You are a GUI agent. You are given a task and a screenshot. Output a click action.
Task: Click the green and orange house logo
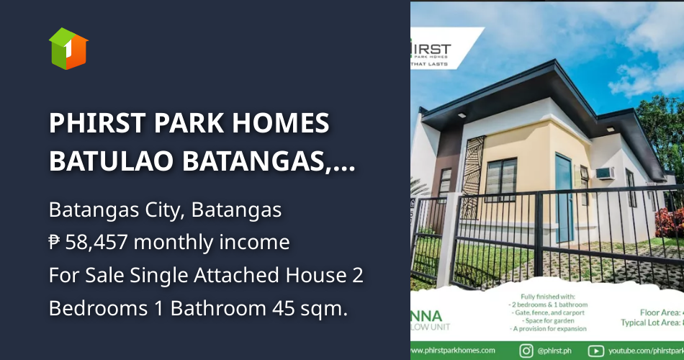68,48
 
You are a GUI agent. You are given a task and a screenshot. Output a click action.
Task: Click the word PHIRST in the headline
96,124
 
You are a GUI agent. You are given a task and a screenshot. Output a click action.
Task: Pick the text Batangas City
116,211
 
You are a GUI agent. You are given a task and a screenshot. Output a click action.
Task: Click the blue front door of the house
564,199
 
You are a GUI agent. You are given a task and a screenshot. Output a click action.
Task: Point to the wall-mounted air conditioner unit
603,173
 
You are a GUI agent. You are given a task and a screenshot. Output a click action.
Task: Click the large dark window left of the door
501,180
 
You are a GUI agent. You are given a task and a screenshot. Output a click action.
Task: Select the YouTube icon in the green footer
595,351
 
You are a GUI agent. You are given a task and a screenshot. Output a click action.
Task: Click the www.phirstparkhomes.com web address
454,351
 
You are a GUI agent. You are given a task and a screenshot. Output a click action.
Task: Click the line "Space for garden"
549,321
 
